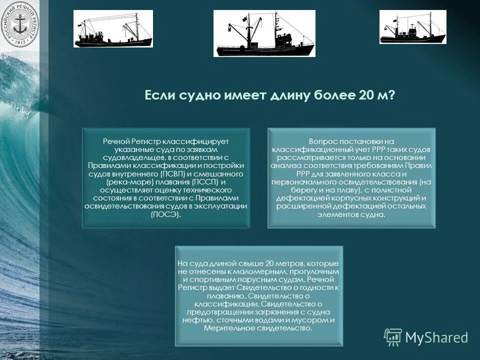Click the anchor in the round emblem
[19, 24]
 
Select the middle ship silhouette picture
[264, 33]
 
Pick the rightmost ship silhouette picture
[412, 27]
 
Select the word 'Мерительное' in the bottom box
[228, 328]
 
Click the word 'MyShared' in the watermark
[436, 337]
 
